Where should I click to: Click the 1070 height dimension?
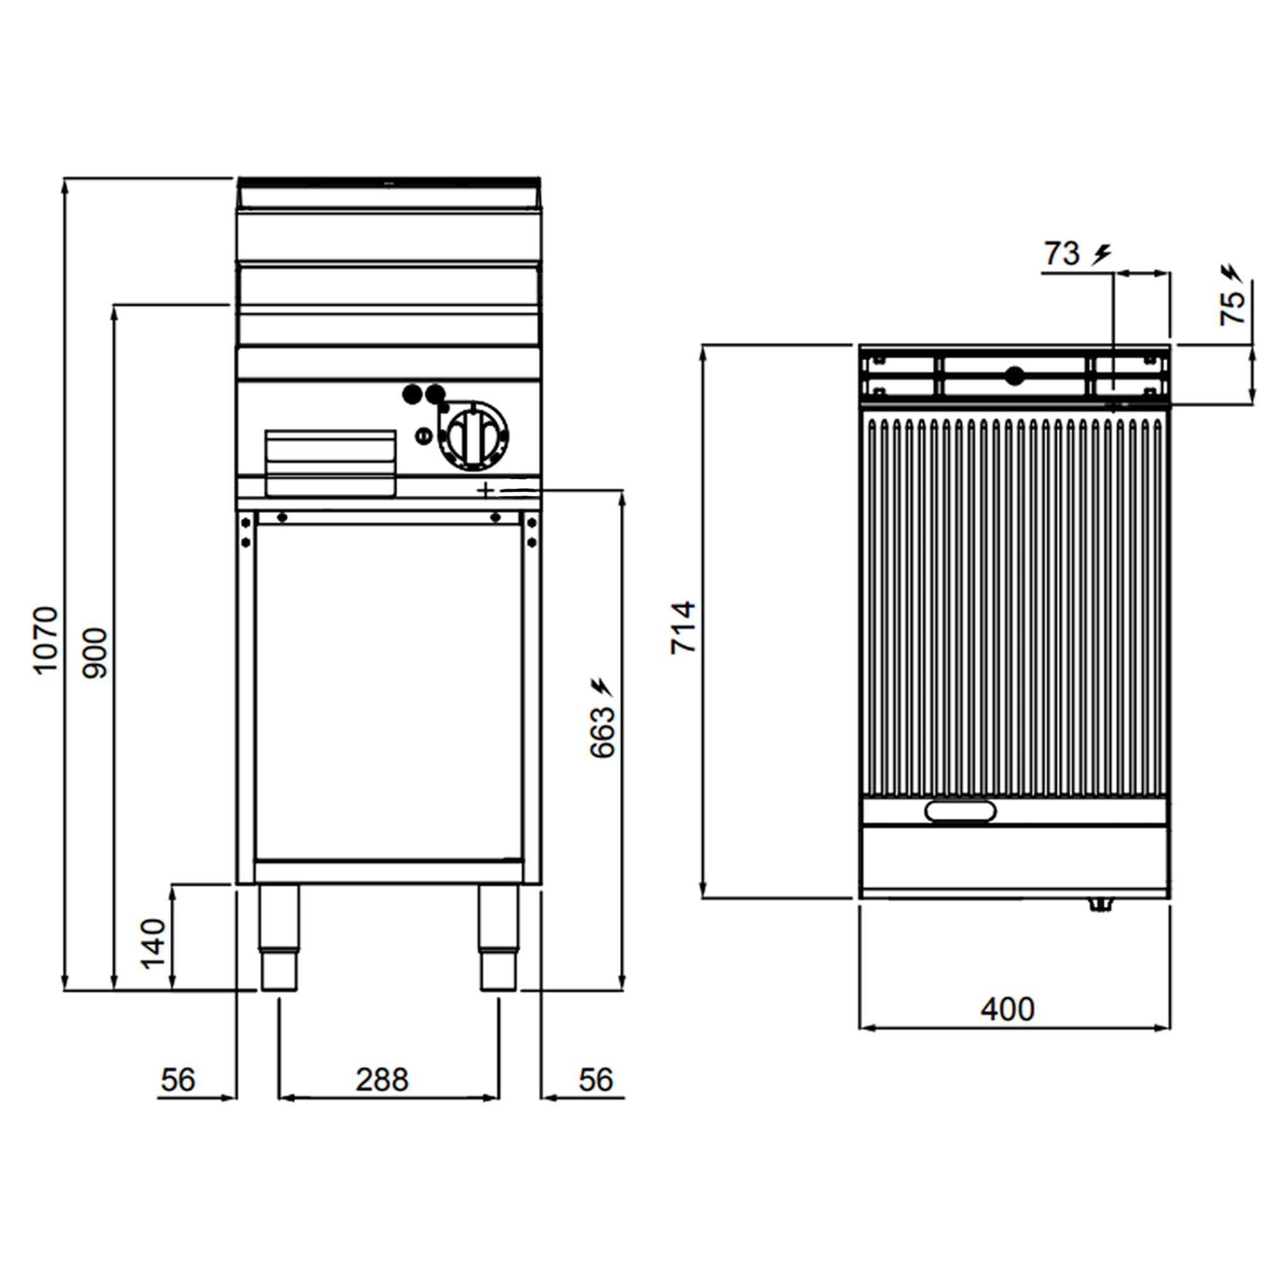click(46, 639)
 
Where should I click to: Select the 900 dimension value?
click(95, 653)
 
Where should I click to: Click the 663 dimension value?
click(602, 732)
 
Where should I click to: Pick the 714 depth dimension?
click(683, 627)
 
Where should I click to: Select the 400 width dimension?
click(1007, 1010)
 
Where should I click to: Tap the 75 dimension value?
click(1232, 308)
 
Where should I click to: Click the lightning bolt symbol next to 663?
click(602, 687)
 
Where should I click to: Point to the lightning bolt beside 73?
click(1101, 254)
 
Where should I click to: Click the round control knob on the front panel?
click(474, 435)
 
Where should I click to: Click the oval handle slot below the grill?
click(960, 811)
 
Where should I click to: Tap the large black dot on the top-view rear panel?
click(1015, 376)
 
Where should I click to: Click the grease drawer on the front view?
click(331, 463)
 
